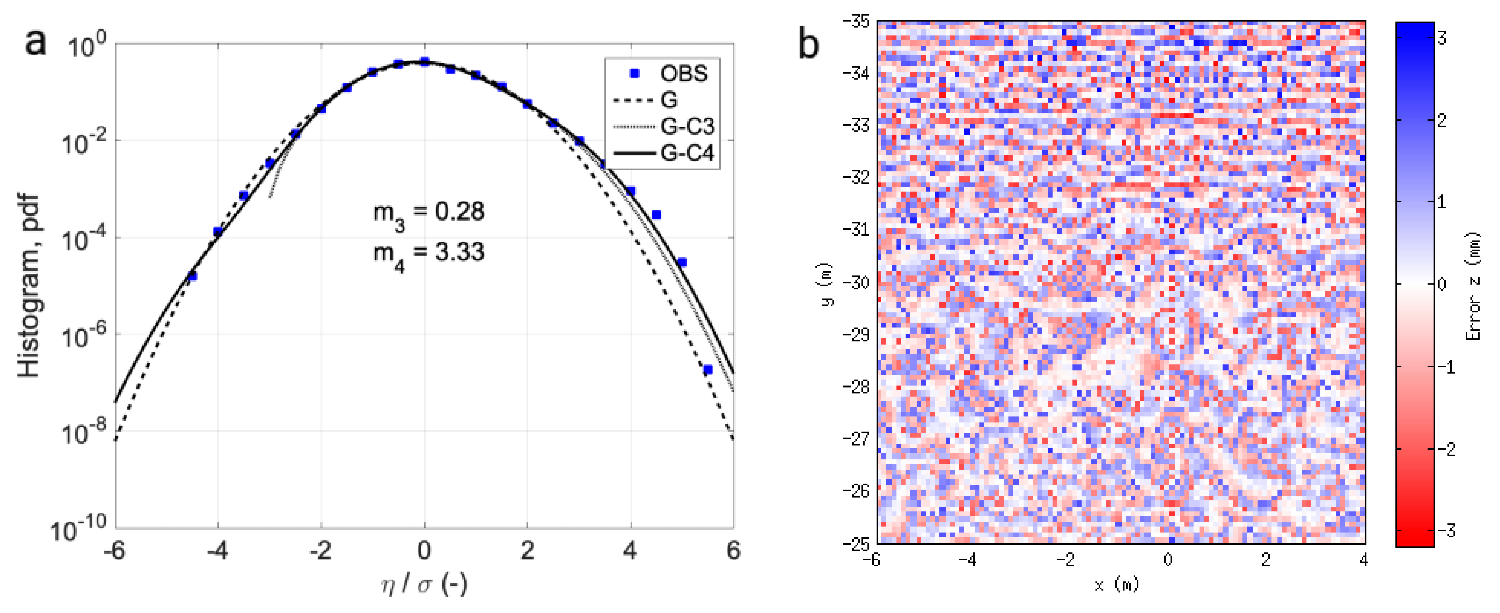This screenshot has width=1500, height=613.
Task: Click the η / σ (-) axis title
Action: pos(424,584)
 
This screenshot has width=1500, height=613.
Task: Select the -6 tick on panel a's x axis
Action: pos(114,550)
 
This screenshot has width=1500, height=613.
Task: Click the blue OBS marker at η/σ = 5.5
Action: pos(707,370)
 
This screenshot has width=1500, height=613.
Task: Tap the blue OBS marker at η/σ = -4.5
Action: pos(192,276)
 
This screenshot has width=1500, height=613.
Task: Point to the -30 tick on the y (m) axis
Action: pos(856,283)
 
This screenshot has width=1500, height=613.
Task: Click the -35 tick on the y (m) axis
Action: pos(856,22)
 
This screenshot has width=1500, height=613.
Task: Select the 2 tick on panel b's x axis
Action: pos(1266,560)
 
